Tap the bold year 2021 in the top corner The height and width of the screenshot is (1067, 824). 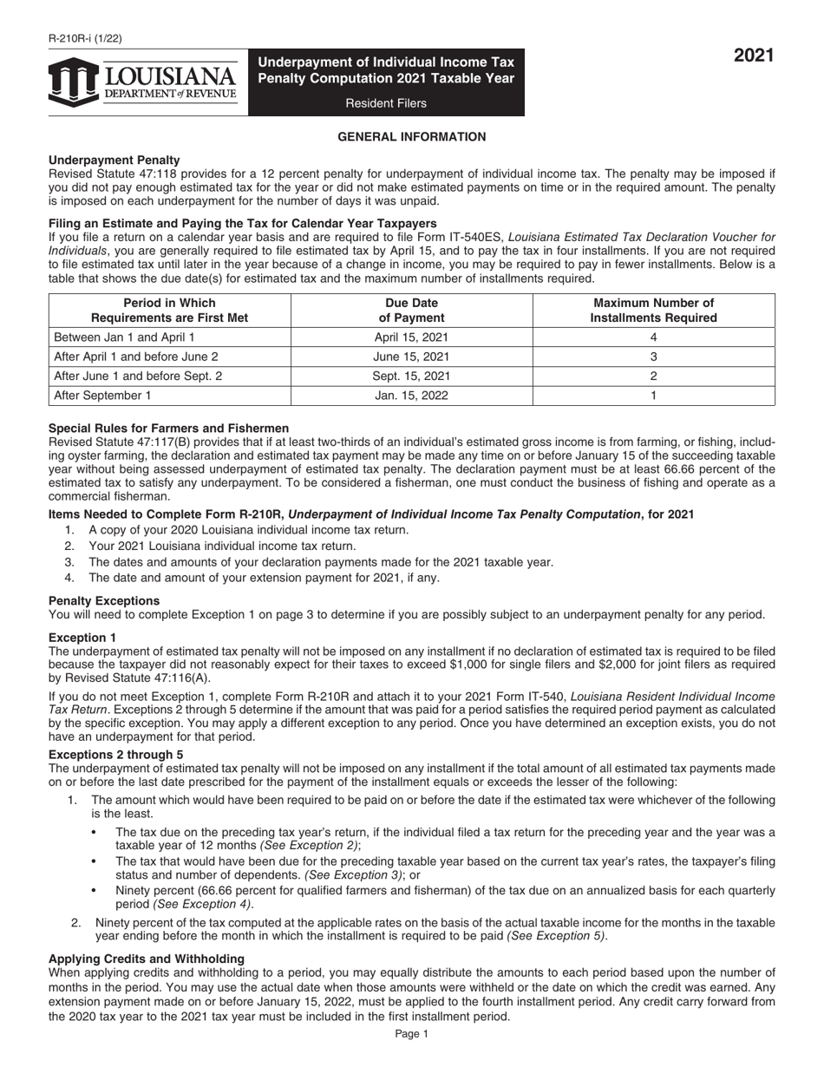tap(754, 57)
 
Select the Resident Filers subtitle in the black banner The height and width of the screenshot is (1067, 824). tap(386, 103)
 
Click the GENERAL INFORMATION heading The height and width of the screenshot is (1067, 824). tap(411, 136)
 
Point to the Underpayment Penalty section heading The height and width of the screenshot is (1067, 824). tap(114, 160)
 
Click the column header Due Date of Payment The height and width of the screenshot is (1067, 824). tap(411, 310)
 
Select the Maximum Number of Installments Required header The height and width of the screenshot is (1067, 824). tap(653, 310)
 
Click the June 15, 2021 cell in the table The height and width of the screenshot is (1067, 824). tap(411, 357)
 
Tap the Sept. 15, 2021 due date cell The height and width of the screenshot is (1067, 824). tap(411, 376)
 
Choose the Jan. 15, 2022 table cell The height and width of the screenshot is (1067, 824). tap(411, 396)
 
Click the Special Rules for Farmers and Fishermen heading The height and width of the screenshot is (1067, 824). tap(169, 429)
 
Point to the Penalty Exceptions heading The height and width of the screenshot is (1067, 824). tap(104, 600)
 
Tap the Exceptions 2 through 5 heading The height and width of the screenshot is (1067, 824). tap(115, 755)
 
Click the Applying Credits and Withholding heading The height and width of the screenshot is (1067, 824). tap(147, 959)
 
